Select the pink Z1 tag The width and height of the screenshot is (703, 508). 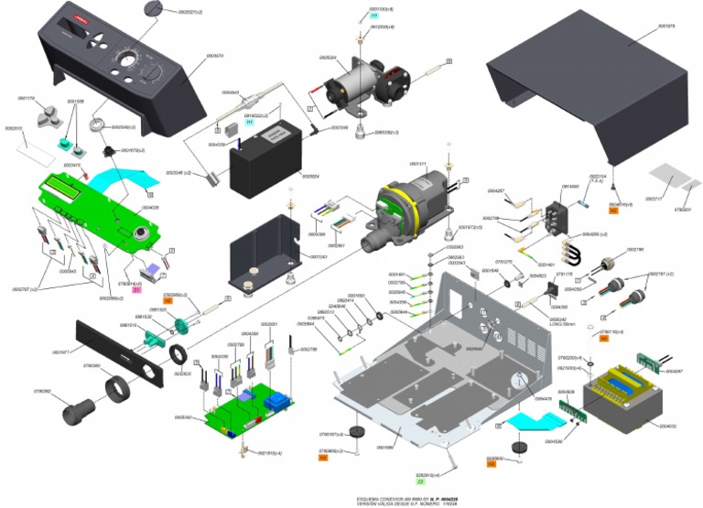(x=136, y=290)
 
